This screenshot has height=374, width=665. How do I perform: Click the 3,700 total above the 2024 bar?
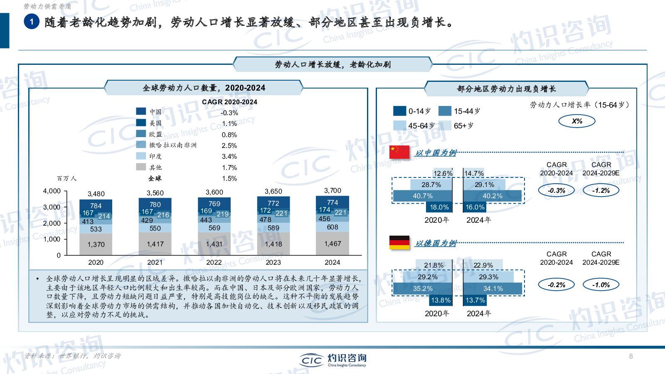(x=332, y=190)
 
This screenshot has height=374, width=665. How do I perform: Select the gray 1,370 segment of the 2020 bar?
(x=96, y=244)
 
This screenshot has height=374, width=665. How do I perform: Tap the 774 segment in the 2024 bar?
(x=332, y=202)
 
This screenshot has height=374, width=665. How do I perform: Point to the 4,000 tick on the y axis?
(x=52, y=191)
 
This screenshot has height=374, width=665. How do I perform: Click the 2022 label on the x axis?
(x=214, y=262)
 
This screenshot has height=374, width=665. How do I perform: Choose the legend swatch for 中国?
(x=141, y=111)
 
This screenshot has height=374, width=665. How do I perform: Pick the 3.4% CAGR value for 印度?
(x=229, y=157)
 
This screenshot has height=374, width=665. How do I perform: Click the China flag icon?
(x=399, y=152)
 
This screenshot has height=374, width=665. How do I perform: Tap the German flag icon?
(x=399, y=242)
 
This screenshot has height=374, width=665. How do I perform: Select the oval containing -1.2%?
(x=601, y=190)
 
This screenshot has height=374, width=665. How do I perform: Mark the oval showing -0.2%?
(x=556, y=285)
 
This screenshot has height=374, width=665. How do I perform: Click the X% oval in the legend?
(x=577, y=121)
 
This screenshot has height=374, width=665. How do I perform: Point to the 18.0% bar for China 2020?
(x=439, y=207)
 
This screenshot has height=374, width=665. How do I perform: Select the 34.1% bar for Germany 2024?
(x=493, y=288)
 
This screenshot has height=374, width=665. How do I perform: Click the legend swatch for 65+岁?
(x=445, y=125)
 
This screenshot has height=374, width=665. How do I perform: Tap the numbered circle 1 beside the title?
(x=32, y=22)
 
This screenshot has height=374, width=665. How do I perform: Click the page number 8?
(x=631, y=356)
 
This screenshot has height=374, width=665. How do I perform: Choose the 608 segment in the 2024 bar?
(x=332, y=227)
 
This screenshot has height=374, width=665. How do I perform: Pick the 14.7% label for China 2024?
(x=474, y=173)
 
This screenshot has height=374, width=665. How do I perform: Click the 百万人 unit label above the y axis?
(x=66, y=178)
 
